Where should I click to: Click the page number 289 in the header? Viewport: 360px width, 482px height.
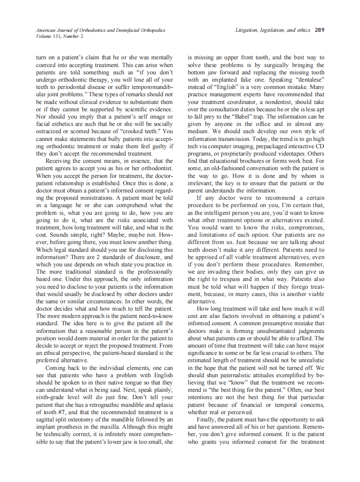tap(319, 31)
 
